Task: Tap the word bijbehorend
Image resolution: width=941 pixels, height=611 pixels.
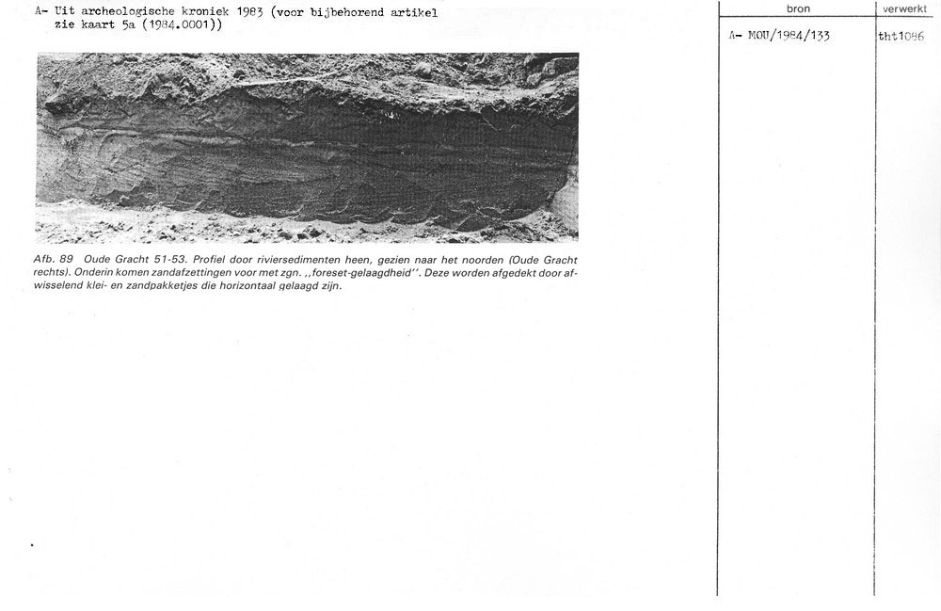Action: (351, 12)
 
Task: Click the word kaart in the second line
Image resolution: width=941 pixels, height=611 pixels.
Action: (104, 25)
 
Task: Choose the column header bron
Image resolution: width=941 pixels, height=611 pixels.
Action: (797, 8)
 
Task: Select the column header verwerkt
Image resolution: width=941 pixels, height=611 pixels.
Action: (905, 8)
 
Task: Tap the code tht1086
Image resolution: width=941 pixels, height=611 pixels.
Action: (901, 36)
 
